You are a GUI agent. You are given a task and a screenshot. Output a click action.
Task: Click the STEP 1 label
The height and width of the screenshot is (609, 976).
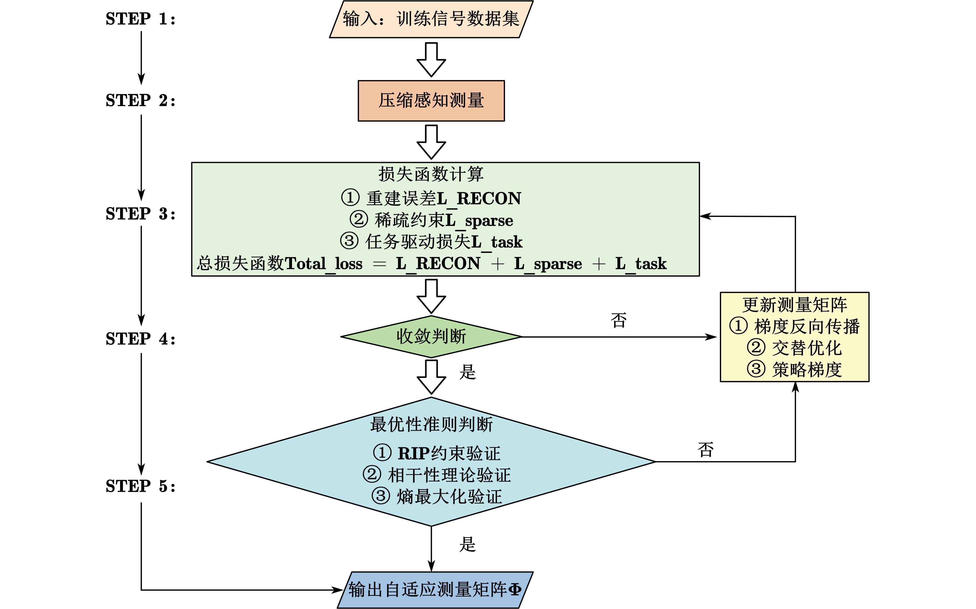(140, 19)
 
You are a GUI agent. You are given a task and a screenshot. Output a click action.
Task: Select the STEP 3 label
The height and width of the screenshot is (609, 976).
(140, 214)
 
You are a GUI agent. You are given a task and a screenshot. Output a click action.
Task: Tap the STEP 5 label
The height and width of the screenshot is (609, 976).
(140, 486)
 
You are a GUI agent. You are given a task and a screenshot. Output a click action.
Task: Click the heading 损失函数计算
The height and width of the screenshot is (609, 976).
(431, 174)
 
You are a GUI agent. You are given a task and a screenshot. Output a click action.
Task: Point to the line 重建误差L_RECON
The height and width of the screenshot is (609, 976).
(431, 198)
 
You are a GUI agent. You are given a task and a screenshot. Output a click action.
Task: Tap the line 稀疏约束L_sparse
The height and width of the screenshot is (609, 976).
(431, 220)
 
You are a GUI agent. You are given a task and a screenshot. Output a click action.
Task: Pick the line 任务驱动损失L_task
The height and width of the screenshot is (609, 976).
(431, 242)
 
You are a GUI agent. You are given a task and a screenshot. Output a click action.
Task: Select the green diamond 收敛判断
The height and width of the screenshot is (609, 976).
(431, 336)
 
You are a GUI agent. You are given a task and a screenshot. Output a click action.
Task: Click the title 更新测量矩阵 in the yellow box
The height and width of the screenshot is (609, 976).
(794, 305)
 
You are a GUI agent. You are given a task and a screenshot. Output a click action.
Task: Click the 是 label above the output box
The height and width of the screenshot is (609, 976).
(467, 544)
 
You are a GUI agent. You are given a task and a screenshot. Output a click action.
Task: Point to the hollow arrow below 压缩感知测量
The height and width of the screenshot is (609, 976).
(431, 142)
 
